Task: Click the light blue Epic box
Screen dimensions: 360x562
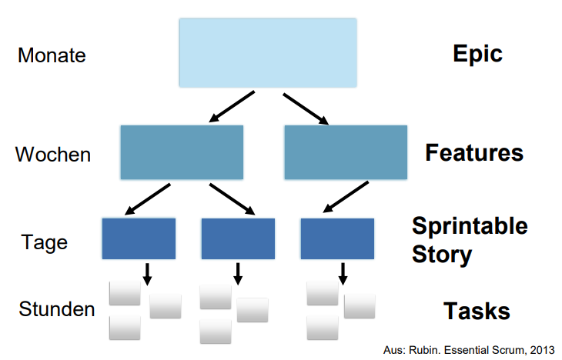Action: (268, 52)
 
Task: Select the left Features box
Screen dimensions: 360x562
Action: (182, 152)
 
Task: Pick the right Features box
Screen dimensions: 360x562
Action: (345, 152)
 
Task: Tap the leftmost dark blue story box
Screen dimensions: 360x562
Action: (139, 238)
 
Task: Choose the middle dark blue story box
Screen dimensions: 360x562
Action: (238, 238)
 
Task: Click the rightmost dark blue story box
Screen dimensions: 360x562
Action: (337, 238)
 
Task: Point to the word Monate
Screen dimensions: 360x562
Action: (52, 56)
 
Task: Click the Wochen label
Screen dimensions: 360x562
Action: (53, 155)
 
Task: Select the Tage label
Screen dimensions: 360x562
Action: (45, 243)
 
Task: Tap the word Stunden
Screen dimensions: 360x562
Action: (57, 310)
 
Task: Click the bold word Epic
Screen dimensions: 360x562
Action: (477, 54)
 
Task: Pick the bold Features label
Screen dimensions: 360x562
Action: (474, 152)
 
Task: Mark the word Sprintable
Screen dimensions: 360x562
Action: (470, 225)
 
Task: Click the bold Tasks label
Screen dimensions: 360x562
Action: (477, 311)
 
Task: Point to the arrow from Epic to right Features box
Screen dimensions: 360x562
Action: (306, 108)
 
